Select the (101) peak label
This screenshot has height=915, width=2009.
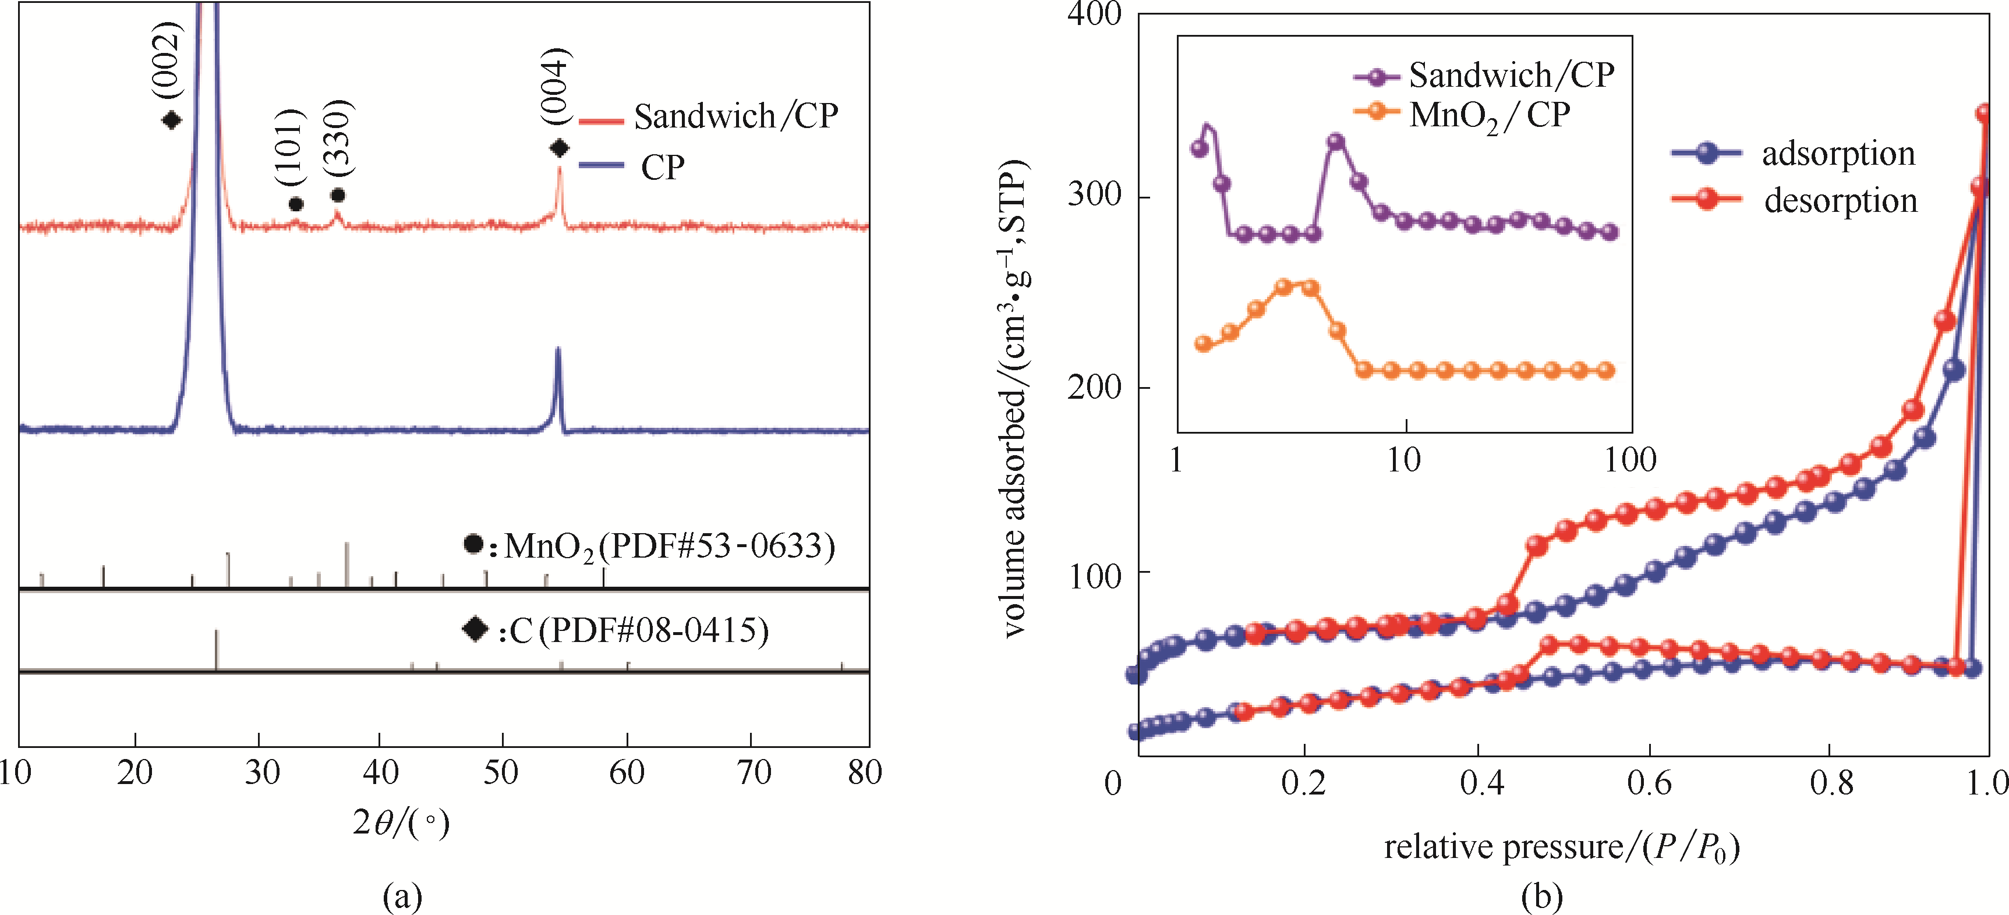[x=292, y=147]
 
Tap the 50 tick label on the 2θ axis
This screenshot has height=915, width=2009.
[x=501, y=772]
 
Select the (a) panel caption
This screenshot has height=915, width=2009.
[x=402, y=896]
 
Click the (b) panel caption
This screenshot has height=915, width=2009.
[x=1542, y=896]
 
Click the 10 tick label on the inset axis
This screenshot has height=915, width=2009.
[x=1404, y=460]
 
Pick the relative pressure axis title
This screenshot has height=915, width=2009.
[x=1561, y=848]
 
